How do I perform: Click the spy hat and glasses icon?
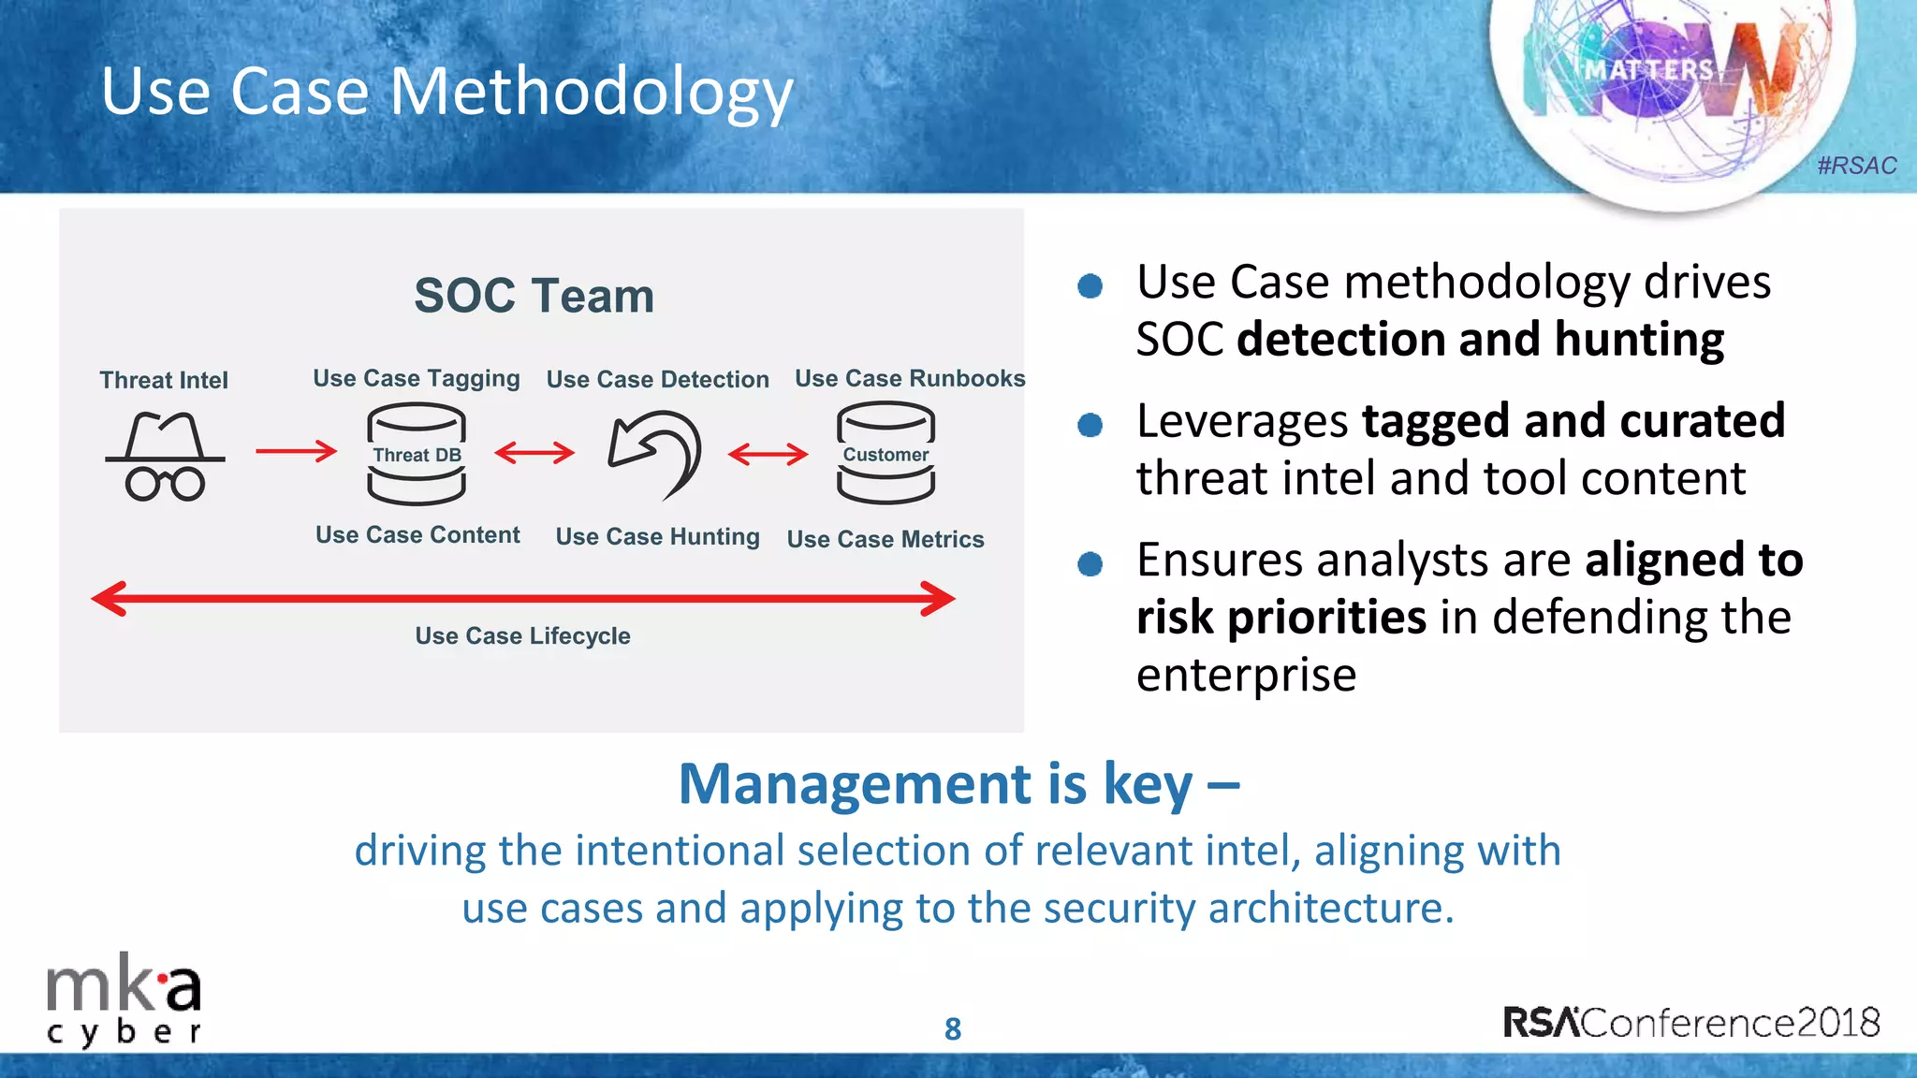point(165,456)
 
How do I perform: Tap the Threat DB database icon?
point(417,455)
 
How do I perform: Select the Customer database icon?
point(885,454)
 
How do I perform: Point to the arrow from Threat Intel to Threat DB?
point(296,451)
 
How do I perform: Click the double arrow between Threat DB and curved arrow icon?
point(534,453)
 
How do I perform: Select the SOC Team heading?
point(534,296)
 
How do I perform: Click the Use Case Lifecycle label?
point(522,635)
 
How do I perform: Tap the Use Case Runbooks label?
point(910,378)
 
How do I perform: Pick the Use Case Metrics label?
point(885,539)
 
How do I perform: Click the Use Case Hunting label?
point(657,536)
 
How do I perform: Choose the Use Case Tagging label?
point(417,378)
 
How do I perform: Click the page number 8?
point(953,1028)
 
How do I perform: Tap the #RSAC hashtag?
point(1856,166)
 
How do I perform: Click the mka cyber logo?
point(124,1003)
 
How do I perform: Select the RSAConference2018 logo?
point(1691,1022)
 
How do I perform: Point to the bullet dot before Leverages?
point(1090,425)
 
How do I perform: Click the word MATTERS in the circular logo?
point(1648,70)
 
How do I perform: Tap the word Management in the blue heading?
point(856,783)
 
